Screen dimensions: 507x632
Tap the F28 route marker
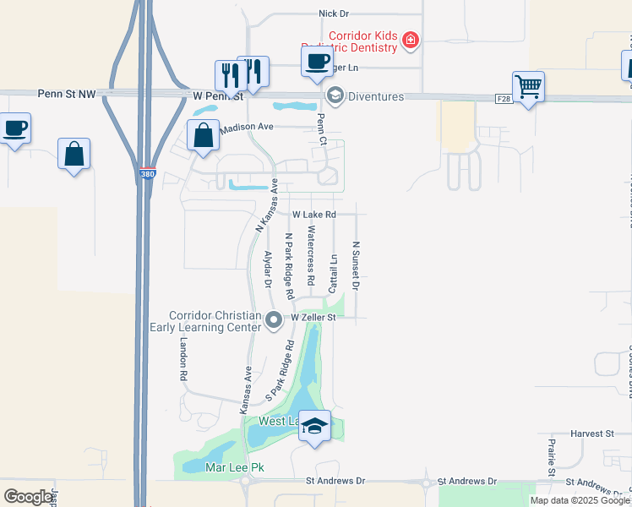coord(504,99)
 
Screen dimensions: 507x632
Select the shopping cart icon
coord(528,85)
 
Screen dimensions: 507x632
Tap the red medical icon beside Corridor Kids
coord(411,40)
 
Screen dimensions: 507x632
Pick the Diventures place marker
coord(335,95)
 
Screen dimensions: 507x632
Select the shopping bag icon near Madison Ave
coord(204,135)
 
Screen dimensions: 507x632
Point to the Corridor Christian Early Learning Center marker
coord(274,320)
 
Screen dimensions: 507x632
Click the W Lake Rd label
coord(314,215)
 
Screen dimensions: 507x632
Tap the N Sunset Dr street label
coord(356,265)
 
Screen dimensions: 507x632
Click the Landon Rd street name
coord(183,358)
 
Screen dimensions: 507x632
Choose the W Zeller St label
coord(313,318)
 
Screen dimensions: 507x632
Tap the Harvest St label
coord(591,433)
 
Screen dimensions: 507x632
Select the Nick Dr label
coord(334,14)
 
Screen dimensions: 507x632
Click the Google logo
coord(28,497)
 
